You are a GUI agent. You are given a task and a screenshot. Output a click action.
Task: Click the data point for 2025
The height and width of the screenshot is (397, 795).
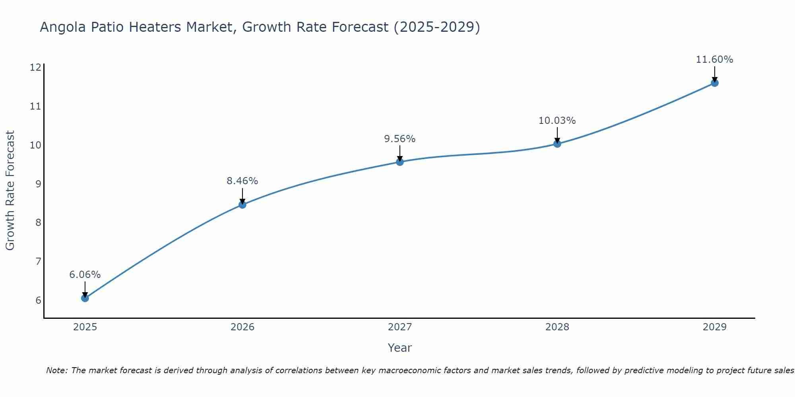[x=85, y=298]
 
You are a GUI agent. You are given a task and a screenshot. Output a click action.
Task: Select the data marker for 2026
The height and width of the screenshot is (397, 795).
[x=242, y=204]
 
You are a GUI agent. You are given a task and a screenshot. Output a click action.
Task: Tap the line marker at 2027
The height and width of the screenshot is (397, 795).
[x=400, y=162]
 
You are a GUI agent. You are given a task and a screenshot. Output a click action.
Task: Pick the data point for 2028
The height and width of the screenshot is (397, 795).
[x=557, y=144]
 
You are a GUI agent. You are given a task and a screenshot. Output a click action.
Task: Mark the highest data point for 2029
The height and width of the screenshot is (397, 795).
[x=715, y=83]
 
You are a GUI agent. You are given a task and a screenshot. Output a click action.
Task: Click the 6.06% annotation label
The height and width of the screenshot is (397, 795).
[x=85, y=275]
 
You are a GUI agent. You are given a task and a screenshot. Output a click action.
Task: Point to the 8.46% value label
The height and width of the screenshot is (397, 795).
[x=242, y=181]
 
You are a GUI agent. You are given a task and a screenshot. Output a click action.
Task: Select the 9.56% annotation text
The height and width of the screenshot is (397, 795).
[x=400, y=139]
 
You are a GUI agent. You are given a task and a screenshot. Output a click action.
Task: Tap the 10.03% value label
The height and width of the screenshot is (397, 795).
[x=557, y=121]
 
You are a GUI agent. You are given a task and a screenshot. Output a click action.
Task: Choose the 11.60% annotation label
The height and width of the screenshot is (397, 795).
[x=715, y=60]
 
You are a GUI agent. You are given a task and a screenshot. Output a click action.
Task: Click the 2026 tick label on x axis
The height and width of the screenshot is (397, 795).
[x=242, y=327]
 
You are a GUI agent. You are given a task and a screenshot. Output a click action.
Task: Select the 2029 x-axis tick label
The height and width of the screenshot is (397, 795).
[x=715, y=327]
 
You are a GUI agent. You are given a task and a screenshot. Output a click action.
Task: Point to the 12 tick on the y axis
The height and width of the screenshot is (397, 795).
[x=35, y=67]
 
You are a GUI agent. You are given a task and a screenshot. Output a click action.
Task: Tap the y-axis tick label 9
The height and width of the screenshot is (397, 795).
[x=38, y=184]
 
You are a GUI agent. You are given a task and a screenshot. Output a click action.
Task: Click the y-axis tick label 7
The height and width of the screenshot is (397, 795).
[x=38, y=261]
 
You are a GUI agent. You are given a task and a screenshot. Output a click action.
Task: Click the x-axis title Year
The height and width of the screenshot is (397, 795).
[x=400, y=348]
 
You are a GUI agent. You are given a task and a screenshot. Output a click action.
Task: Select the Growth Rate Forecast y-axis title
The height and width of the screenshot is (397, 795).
[x=10, y=190]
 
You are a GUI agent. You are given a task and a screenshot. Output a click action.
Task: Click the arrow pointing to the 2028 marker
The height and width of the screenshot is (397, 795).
[x=557, y=135]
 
